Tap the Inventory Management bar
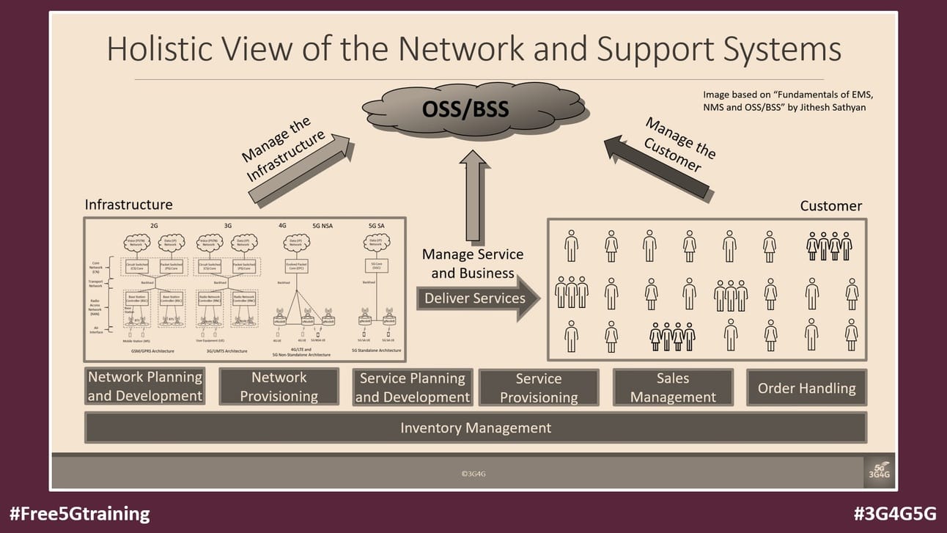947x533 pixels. pos(476,427)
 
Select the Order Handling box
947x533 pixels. pos(806,388)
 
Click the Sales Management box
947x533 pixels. pos(673,387)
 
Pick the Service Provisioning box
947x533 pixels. pos(539,388)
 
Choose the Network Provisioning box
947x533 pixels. pos(279,386)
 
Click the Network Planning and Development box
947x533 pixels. pos(144,386)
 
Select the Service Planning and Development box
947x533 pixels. pos(413,387)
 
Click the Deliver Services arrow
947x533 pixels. pos(477,298)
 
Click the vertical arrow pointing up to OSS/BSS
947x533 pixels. pos(472,198)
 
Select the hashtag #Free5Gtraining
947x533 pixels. pos(80,513)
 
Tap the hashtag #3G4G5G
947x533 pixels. pos(895,513)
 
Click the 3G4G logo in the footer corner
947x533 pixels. pos(878,471)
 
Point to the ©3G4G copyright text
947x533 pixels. pos(473,474)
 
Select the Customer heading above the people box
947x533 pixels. pos(830,206)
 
